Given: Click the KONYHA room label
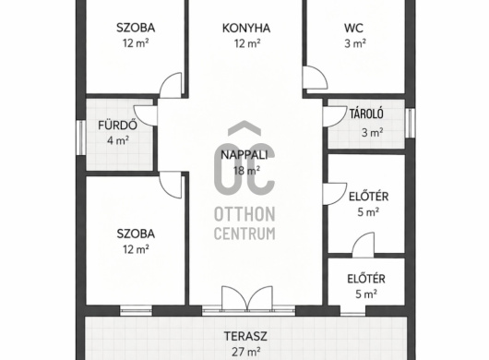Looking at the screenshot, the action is click(246, 28).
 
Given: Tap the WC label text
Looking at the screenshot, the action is click(353, 28).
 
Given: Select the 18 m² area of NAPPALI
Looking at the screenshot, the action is click(246, 171).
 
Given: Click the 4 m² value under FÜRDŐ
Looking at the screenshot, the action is click(118, 140).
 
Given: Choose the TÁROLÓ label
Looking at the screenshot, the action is click(366, 114).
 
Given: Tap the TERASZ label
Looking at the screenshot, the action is click(245, 336).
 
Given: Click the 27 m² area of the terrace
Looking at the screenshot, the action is click(246, 352).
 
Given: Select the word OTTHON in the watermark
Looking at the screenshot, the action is click(244, 214).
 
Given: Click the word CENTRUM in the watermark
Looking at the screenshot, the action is click(244, 234).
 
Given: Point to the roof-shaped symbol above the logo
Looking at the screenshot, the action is click(244, 127).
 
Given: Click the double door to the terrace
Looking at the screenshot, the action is click(246, 298).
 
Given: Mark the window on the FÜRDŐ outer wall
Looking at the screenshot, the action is click(81, 138).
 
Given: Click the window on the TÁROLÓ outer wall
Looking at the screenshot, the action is click(411, 123).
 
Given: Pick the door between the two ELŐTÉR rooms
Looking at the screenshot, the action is click(364, 246).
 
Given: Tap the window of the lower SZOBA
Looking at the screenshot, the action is click(136, 310).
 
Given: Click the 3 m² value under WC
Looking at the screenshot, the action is click(355, 43).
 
